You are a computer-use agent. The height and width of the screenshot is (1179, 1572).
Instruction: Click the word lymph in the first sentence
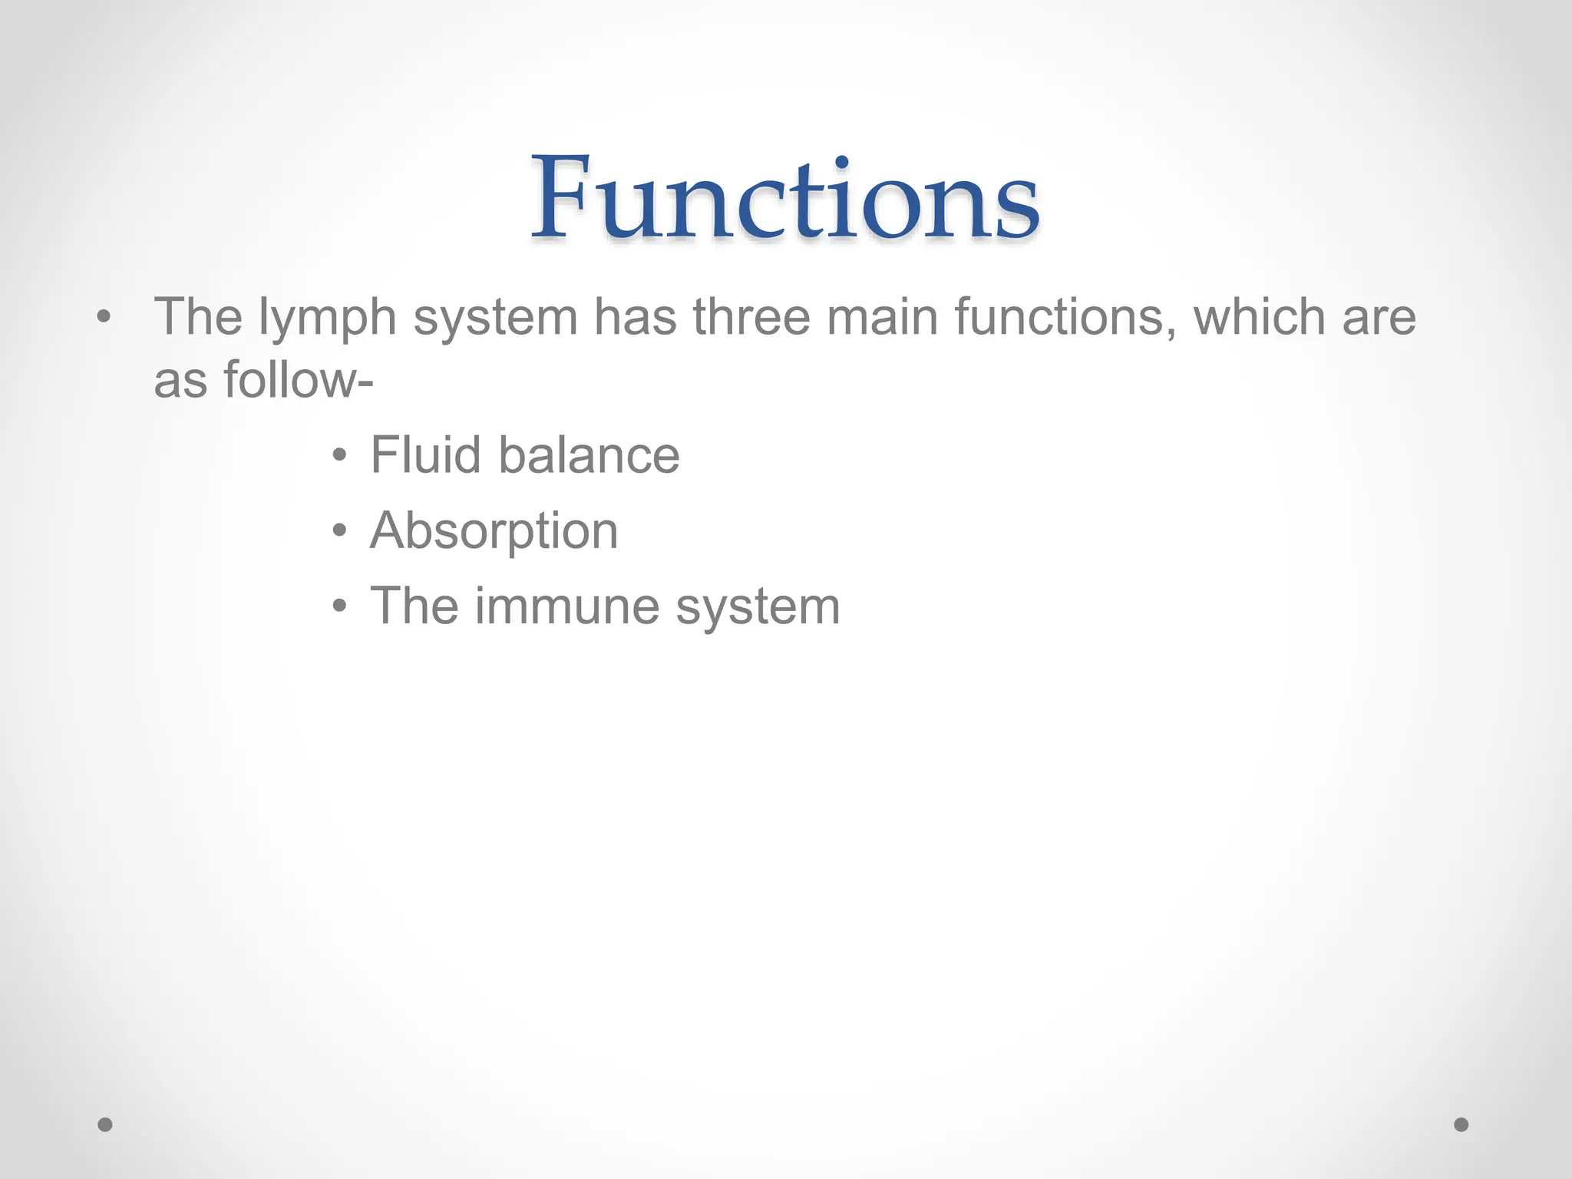(x=327, y=318)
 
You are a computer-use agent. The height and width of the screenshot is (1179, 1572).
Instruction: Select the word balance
(x=589, y=454)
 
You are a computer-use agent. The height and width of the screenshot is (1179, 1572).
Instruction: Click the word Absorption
(x=494, y=531)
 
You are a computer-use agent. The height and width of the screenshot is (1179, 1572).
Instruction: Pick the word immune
(x=566, y=606)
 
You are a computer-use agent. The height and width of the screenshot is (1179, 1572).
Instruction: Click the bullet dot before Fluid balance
(x=340, y=457)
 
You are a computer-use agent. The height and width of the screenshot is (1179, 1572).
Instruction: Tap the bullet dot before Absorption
(x=340, y=532)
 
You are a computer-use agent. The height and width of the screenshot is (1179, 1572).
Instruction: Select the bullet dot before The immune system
(x=340, y=608)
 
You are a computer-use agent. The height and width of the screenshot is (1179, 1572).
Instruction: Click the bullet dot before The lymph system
(x=104, y=317)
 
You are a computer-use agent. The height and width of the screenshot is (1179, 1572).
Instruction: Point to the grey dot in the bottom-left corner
(x=105, y=1125)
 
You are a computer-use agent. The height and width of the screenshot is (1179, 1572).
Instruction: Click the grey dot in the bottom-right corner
(x=1461, y=1125)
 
